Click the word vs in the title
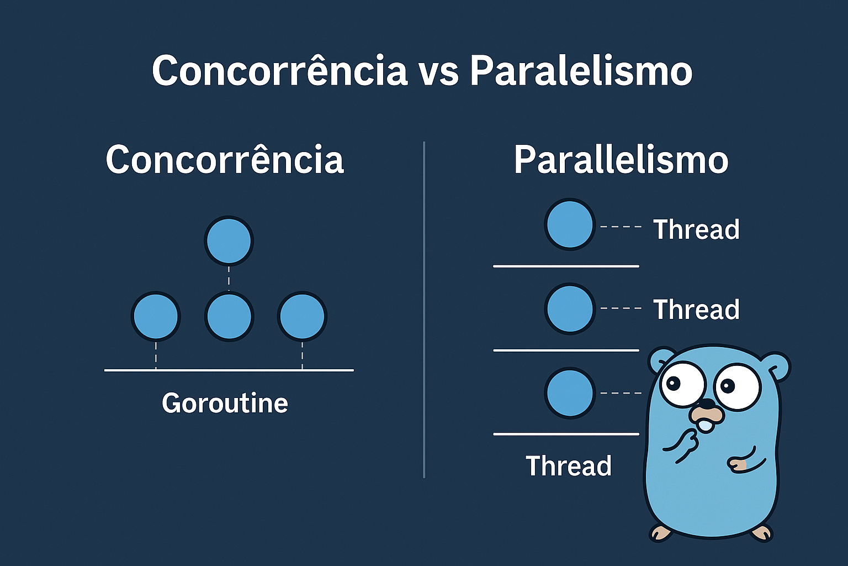tap(438, 73)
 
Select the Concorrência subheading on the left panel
tap(225, 159)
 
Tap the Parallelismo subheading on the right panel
tap(621, 160)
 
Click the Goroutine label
tap(225, 403)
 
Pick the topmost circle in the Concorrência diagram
tap(229, 240)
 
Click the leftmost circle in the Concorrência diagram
tap(156, 316)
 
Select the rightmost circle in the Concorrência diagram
tap(302, 316)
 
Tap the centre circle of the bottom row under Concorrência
tap(229, 316)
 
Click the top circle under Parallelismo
tap(570, 224)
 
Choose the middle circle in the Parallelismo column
tap(570, 308)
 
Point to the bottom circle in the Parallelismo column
tap(570, 393)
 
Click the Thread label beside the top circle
tap(696, 229)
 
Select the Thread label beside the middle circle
tap(696, 310)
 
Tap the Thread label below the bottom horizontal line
tap(569, 465)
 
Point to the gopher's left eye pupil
tap(673, 383)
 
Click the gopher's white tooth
tap(706, 426)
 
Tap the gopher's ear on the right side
tap(777, 366)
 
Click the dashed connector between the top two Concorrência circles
tap(229, 279)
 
